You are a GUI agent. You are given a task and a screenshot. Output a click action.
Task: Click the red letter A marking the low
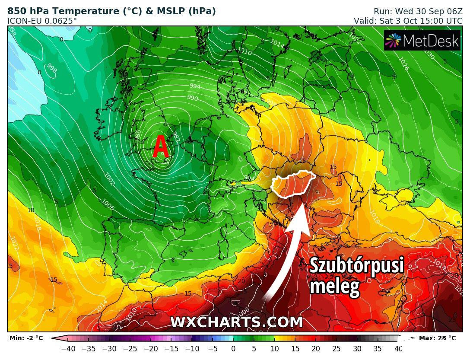click(160, 147)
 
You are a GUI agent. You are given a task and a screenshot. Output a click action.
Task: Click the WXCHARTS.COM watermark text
click(236, 322)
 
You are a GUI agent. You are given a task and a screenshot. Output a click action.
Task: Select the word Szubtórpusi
click(356, 265)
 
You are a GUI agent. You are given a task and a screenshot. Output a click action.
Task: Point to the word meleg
click(334, 286)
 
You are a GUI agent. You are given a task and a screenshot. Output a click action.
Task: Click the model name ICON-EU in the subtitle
click(23, 20)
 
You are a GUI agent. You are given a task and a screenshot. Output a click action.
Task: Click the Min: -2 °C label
click(26, 338)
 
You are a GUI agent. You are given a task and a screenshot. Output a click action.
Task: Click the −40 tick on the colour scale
click(68, 348)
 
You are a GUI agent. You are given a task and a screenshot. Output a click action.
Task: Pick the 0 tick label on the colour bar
click(233, 348)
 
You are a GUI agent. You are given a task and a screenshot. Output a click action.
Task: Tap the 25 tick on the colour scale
click(336, 348)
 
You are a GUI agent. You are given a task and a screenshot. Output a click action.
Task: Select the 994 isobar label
click(195, 86)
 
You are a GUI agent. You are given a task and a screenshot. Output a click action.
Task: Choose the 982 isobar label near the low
click(175, 137)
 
